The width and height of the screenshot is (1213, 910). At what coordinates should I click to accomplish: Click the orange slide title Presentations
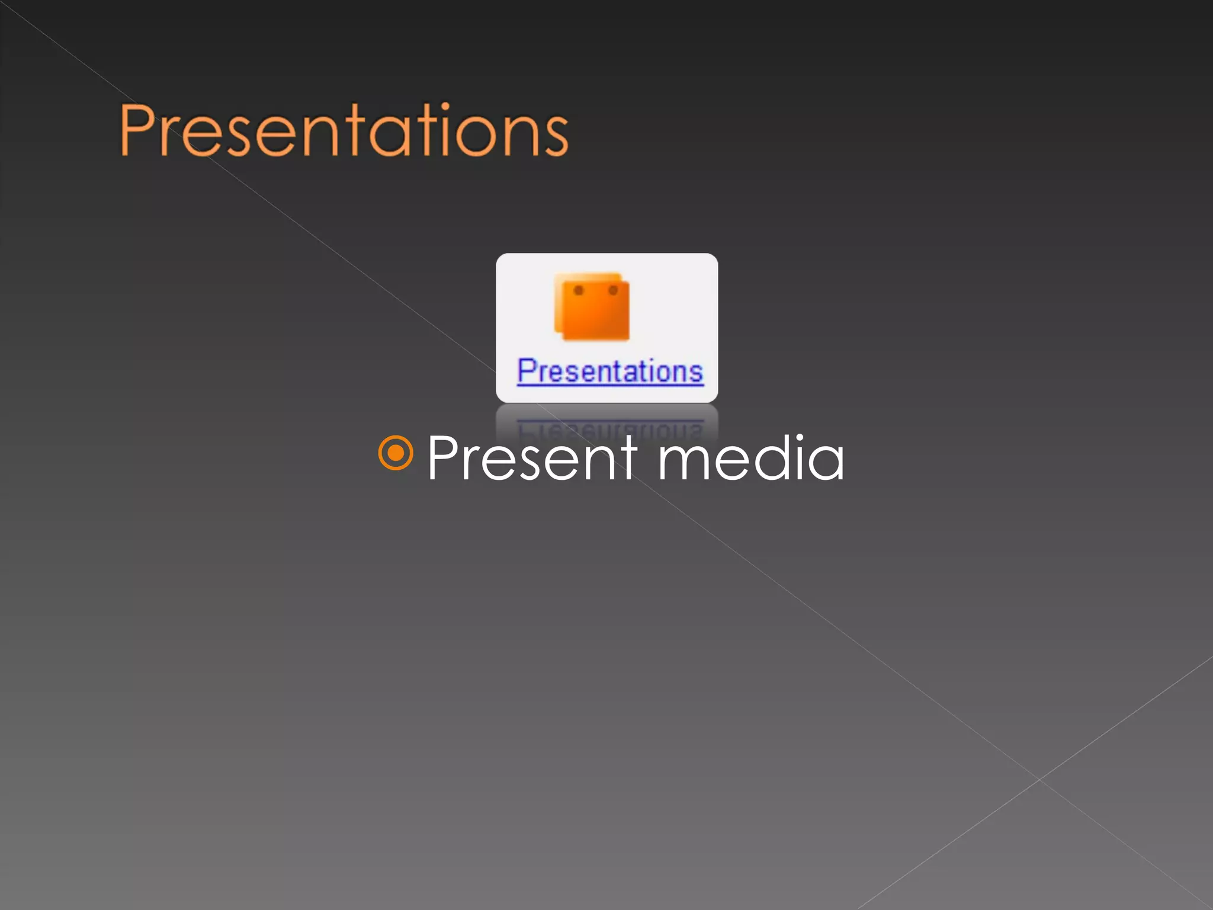click(x=344, y=130)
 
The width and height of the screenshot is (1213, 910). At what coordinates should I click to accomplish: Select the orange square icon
click(x=592, y=307)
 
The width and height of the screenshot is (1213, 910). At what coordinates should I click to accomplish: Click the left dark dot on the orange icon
click(x=579, y=290)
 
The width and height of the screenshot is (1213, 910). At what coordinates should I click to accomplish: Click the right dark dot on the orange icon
click(x=614, y=290)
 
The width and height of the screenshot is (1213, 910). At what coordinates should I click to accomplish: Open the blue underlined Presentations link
click(x=610, y=372)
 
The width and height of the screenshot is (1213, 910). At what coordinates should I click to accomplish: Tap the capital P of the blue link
click(x=527, y=371)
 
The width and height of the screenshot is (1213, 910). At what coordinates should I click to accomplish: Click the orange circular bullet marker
click(x=395, y=453)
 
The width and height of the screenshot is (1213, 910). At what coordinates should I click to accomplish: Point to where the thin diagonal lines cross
click(x=1039, y=779)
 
